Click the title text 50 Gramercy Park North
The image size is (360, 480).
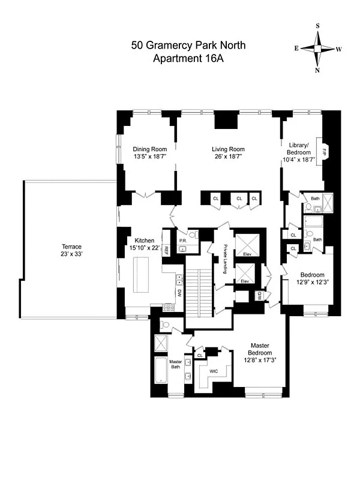188,45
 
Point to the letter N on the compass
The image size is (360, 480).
318,70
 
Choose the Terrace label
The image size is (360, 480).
71,246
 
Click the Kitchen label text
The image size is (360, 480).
145,240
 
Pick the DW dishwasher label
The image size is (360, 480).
179,293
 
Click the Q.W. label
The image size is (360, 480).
260,295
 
